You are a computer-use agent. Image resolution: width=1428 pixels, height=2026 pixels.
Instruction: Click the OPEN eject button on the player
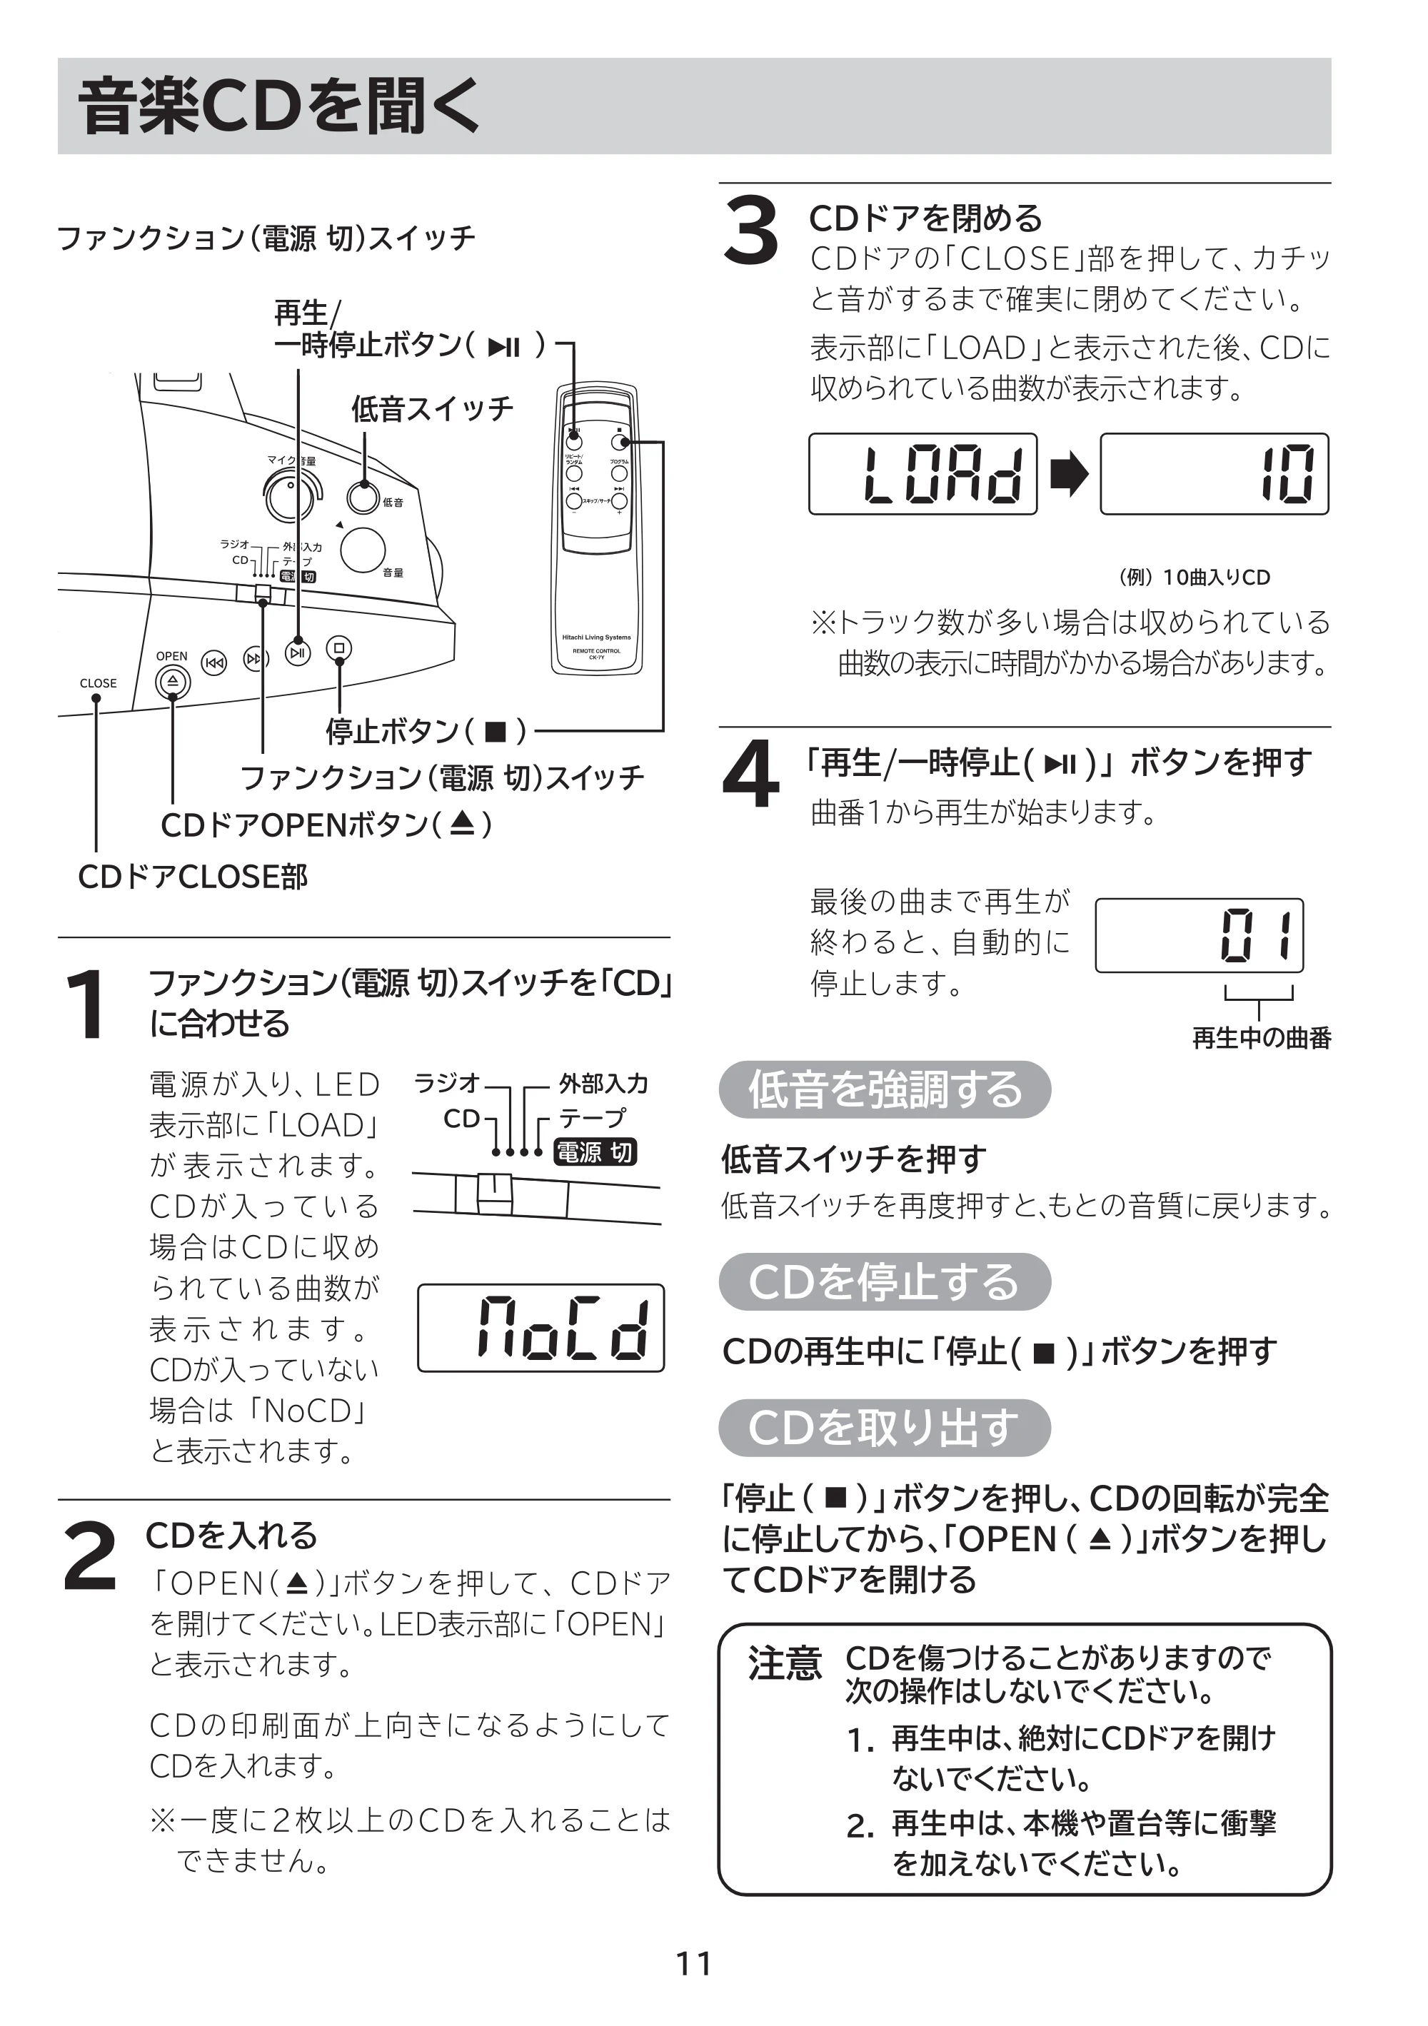click(x=172, y=681)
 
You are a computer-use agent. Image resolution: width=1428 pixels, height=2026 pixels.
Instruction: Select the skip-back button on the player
click(x=214, y=662)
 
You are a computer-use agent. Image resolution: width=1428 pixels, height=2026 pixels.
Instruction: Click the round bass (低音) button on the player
click(x=363, y=498)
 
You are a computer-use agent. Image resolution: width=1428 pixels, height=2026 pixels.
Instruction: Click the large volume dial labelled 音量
click(x=363, y=550)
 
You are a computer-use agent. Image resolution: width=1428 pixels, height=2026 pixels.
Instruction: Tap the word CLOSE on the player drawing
click(x=98, y=683)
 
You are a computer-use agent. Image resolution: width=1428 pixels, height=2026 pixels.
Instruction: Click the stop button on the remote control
click(x=620, y=441)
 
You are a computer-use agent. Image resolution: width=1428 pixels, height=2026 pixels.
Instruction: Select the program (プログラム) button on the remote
click(x=620, y=474)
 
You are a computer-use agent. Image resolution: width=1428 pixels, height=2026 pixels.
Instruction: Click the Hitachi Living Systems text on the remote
click(x=597, y=637)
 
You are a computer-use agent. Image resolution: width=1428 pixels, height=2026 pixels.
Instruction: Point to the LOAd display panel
click(x=922, y=474)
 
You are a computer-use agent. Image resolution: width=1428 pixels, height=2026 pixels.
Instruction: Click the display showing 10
click(x=1215, y=474)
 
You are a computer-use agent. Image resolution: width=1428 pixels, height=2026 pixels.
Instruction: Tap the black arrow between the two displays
click(x=1069, y=475)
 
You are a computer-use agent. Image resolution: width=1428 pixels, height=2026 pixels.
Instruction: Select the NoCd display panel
click(x=541, y=1327)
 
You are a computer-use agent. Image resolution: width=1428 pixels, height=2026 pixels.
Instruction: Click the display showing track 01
click(x=1200, y=935)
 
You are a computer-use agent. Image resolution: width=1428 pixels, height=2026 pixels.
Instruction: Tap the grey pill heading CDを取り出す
click(x=885, y=1428)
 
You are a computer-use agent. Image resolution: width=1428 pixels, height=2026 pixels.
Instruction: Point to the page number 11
click(x=694, y=1963)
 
